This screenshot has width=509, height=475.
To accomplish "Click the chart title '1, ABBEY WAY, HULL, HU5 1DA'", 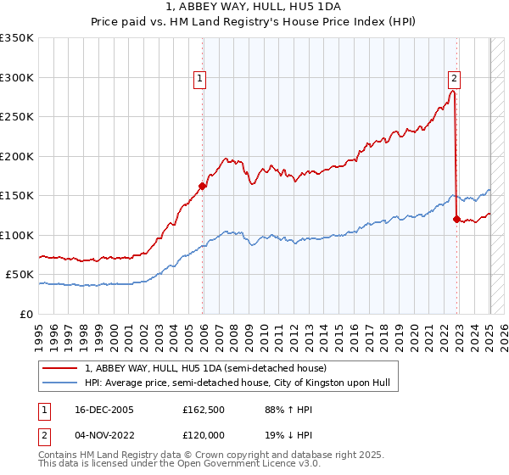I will (x=255, y=9).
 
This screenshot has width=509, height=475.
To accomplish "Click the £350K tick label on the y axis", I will (x=17, y=38).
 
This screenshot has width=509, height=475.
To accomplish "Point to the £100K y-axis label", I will (x=17, y=235).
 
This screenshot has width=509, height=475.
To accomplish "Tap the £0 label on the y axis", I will (x=27, y=314).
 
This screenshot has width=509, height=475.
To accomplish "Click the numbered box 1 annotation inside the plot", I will (x=200, y=80).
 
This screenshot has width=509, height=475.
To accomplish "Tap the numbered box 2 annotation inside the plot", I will (x=455, y=80).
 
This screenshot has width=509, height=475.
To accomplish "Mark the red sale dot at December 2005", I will (x=203, y=186).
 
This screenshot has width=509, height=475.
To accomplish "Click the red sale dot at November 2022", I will (x=456, y=219).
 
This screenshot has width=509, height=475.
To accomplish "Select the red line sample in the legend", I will (x=60, y=368).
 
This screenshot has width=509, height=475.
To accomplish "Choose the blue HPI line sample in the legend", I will (x=60, y=383).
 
